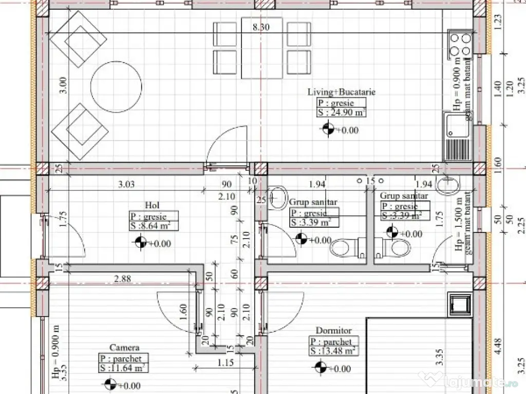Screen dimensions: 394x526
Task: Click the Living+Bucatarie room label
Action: tap(341, 92)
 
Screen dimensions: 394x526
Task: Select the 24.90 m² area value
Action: tap(341, 113)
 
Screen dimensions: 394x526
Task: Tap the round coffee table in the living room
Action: tap(117, 87)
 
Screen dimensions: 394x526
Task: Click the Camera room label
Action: tap(124, 347)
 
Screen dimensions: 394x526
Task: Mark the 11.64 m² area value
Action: tap(124, 367)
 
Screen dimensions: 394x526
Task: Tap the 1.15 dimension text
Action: tap(225, 363)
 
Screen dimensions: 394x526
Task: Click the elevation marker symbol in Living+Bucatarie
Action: tap(327, 130)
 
